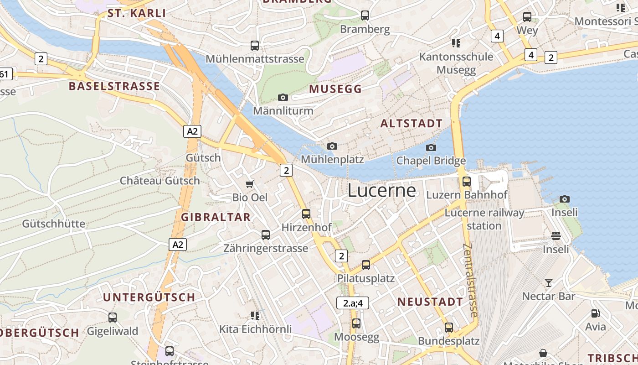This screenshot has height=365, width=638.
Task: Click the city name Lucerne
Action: tap(382, 190)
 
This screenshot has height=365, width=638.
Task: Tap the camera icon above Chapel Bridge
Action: tap(431, 147)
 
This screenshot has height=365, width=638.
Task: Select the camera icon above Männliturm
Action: tap(283, 97)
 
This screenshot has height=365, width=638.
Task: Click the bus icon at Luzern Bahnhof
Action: tap(466, 181)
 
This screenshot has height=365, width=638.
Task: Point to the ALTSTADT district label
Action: tap(411, 123)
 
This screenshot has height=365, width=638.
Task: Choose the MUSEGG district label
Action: tap(335, 89)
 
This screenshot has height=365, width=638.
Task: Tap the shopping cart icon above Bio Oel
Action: tap(249, 184)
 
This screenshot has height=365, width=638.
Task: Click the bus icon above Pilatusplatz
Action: tap(365, 265)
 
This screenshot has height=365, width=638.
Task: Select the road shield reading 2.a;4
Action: tap(352, 302)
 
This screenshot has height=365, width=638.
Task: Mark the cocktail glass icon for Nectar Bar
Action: tap(549, 283)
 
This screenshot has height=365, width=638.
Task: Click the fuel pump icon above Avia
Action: tap(595, 313)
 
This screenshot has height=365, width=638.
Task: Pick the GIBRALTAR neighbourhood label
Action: tap(216, 217)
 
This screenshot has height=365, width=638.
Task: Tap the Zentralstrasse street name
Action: tap(471, 280)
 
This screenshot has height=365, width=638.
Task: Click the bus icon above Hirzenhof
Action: tap(306, 214)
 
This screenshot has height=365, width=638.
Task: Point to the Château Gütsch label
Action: tap(159, 180)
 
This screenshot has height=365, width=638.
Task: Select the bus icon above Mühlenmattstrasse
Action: tap(254, 45)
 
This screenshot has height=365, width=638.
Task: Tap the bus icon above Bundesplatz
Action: tap(448, 327)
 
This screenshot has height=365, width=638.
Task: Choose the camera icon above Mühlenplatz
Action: tap(332, 146)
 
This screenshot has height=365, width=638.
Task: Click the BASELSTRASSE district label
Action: tap(114, 86)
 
